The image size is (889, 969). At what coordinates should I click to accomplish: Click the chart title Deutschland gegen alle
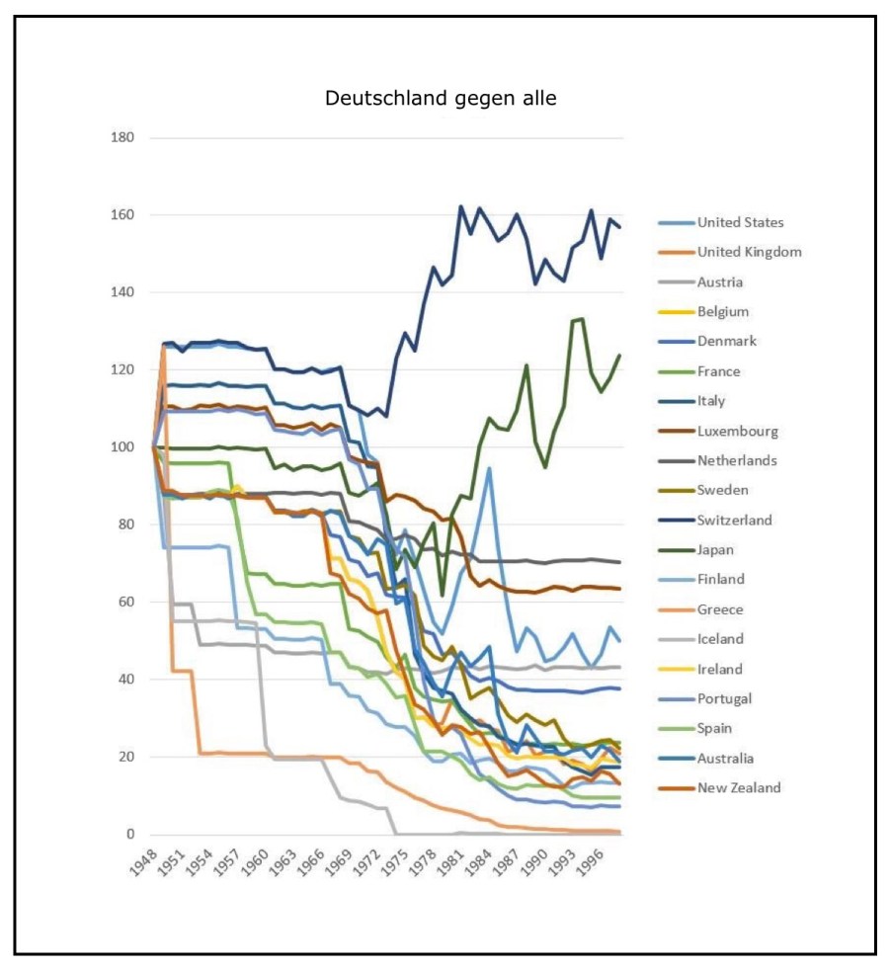441,98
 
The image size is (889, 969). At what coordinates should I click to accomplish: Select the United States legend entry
740,222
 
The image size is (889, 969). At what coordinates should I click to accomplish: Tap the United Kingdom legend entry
749,252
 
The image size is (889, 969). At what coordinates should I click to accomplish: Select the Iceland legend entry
720,639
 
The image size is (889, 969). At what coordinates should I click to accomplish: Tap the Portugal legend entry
724,698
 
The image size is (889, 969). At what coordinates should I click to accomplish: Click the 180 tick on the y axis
121,137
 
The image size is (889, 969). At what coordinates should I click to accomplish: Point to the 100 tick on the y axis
121,446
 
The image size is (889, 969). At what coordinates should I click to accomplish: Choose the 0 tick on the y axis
129,835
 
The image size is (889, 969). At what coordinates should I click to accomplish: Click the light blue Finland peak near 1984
489,468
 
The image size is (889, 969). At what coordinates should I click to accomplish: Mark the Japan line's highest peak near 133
582,318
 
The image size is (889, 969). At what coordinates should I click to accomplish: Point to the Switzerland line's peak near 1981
460,206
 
